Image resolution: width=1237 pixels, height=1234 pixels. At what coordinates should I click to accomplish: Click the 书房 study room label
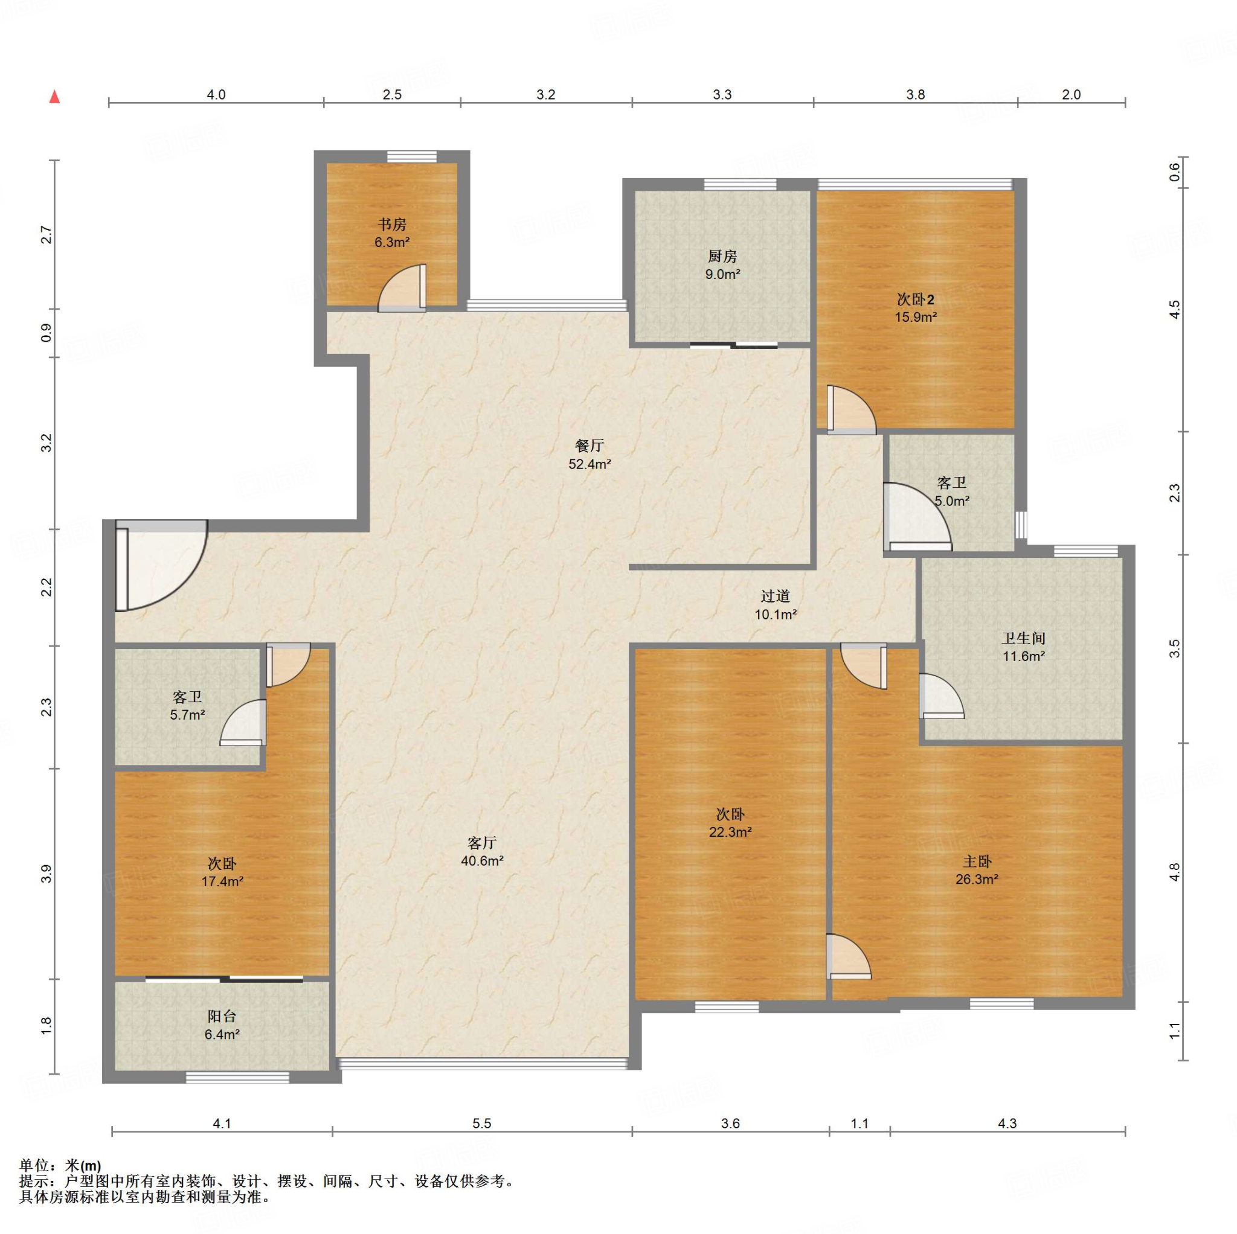tap(391, 225)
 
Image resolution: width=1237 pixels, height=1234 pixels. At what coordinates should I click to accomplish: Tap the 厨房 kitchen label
tap(722, 257)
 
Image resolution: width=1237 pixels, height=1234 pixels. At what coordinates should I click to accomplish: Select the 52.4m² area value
tap(589, 464)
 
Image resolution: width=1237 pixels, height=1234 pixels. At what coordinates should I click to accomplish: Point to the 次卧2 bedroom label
tap(916, 299)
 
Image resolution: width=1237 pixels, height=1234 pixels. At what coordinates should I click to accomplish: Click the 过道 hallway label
tap(776, 596)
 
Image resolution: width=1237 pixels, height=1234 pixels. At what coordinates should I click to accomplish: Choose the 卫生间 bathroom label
tap(1023, 638)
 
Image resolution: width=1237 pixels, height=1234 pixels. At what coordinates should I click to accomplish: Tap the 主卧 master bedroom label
tap(977, 862)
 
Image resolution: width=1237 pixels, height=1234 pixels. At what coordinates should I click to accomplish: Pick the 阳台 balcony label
tap(222, 1015)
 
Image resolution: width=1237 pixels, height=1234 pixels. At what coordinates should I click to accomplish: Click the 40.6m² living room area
tap(482, 861)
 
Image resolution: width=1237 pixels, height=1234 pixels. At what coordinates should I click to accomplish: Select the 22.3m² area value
tap(730, 832)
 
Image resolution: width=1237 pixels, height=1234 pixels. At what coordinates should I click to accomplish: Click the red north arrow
tap(55, 97)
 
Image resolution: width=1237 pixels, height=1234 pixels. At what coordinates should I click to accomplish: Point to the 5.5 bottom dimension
tap(481, 1124)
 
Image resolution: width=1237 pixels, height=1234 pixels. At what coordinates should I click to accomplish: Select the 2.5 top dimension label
tap(392, 95)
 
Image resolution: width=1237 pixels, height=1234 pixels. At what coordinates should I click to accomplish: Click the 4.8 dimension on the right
tap(1174, 872)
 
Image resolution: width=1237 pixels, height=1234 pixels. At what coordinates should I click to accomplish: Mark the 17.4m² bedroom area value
tap(222, 881)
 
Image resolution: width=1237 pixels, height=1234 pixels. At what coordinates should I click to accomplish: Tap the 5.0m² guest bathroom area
tap(951, 501)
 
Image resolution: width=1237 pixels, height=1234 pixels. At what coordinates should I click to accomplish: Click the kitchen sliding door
tap(734, 345)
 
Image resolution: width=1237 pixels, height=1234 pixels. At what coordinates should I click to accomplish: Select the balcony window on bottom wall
tap(237, 1078)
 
